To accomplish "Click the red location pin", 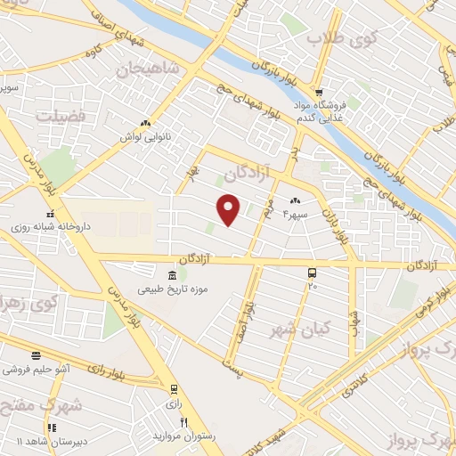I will tap(230, 208).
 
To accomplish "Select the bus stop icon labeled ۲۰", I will tap(312, 273).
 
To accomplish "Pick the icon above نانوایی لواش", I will tap(145, 124).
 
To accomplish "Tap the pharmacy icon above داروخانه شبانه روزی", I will tap(51, 214).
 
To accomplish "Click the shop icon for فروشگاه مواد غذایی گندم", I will tap(319, 92).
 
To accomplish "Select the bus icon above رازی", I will tap(173, 388).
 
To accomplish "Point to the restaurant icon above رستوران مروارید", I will tap(184, 422).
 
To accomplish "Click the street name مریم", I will tap(265, 210).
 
